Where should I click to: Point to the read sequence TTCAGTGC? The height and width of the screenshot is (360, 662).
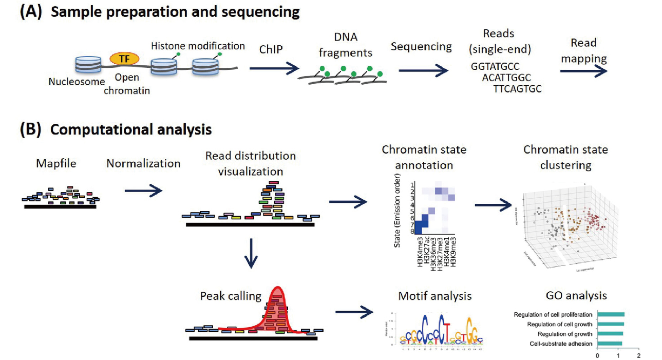pos(518,88)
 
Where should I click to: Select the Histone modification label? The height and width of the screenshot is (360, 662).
pos(198,46)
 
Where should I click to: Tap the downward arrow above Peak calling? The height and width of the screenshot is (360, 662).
pos(251,253)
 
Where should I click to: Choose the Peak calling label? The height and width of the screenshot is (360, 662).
pos(231,296)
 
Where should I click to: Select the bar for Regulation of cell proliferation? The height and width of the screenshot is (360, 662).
pos(611,314)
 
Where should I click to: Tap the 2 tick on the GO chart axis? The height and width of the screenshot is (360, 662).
pos(639,355)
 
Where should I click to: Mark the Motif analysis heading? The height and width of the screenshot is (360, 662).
pos(434,296)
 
